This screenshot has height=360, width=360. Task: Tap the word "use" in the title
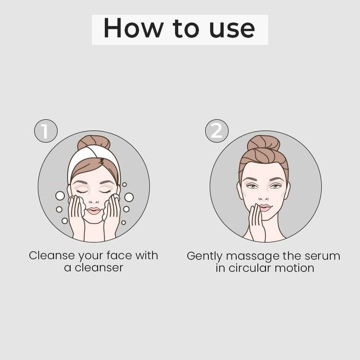pyautogui.click(x=232, y=30)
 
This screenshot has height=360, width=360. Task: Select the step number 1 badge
pyautogui.click(x=46, y=131)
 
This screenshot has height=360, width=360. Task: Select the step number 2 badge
pyautogui.click(x=216, y=131)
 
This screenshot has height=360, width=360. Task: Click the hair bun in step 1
pyautogui.click(x=94, y=142)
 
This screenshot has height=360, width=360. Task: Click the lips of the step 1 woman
pyautogui.click(x=94, y=211)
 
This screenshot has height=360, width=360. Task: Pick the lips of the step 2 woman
pyautogui.click(x=264, y=208)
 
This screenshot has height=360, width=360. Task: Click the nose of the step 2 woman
pyautogui.click(x=264, y=197)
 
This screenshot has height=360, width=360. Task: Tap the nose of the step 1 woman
pyautogui.click(x=94, y=200)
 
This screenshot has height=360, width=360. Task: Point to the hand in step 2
pyautogui.click(x=257, y=222)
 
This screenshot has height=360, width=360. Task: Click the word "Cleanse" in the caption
pyautogui.click(x=52, y=255)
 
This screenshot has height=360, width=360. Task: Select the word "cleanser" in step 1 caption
pyautogui.click(x=99, y=268)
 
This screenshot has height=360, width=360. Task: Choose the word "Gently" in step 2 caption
pyautogui.click(x=204, y=256)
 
